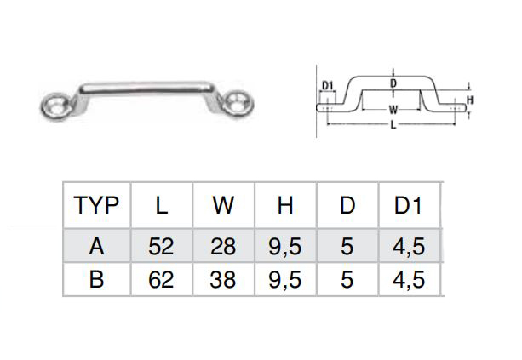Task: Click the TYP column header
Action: pyautogui.click(x=96, y=205)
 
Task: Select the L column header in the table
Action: pyautogui.click(x=162, y=205)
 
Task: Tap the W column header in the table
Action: pyautogui.click(x=223, y=205)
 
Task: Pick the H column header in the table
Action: pyautogui.click(x=285, y=205)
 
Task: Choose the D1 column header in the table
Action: pyautogui.click(x=408, y=205)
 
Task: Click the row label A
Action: pyautogui.click(x=96, y=247)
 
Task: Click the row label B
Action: pyautogui.click(x=96, y=279)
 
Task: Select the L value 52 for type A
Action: pyautogui.click(x=161, y=247)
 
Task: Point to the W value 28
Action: pyautogui.click(x=223, y=247)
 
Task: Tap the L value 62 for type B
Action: pyautogui.click(x=161, y=279)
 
